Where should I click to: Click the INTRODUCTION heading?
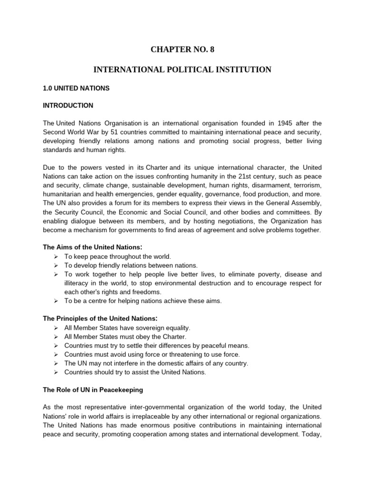[x=68, y=105]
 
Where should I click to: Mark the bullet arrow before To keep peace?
[x=56, y=257]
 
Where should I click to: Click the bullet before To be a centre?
[x=56, y=301]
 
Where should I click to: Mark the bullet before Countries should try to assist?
[x=56, y=372]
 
